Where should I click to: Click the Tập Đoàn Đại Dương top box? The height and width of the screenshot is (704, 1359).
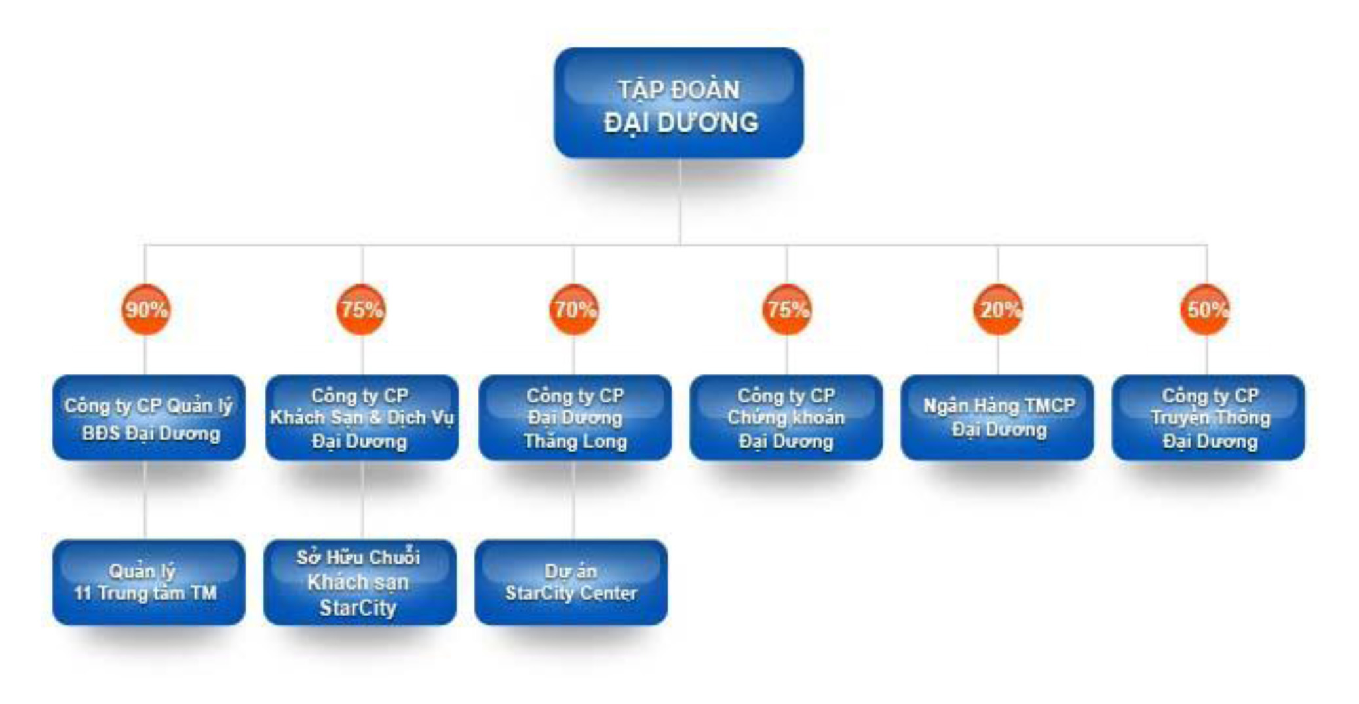pos(679,103)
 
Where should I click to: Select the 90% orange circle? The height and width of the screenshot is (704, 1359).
pos(145,309)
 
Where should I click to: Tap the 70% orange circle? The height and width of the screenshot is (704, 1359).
pos(574,309)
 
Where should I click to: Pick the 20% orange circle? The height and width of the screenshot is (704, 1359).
pos(998,309)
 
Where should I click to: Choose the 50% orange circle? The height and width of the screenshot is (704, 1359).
pos(1206,309)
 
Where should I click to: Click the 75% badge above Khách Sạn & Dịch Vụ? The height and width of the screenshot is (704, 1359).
pos(361,309)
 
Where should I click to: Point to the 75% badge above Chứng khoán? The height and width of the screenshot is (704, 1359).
pos(787,309)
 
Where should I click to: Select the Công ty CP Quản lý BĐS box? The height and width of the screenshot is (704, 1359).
pos(149,418)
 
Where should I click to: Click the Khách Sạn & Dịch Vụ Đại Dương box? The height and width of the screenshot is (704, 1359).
pos(362,418)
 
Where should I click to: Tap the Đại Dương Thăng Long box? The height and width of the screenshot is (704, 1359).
pos(575,418)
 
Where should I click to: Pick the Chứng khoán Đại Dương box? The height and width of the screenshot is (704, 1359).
pos(786,418)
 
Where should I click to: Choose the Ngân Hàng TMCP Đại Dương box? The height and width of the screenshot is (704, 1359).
pos(997,418)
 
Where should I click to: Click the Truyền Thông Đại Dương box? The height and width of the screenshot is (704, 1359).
pos(1208,418)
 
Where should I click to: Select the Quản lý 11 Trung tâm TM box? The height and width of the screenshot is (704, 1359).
pos(149,582)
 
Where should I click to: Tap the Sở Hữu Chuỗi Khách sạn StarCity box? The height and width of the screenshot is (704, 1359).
pos(360,582)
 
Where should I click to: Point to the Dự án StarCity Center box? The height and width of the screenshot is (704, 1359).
pos(571,582)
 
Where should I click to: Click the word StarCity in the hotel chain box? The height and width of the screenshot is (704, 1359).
pos(358,608)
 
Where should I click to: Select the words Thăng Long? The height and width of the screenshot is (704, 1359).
pos(575,441)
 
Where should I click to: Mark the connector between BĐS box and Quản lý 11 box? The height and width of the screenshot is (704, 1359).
pos(145,499)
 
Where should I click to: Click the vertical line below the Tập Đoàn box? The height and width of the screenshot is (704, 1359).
pos(679,202)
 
